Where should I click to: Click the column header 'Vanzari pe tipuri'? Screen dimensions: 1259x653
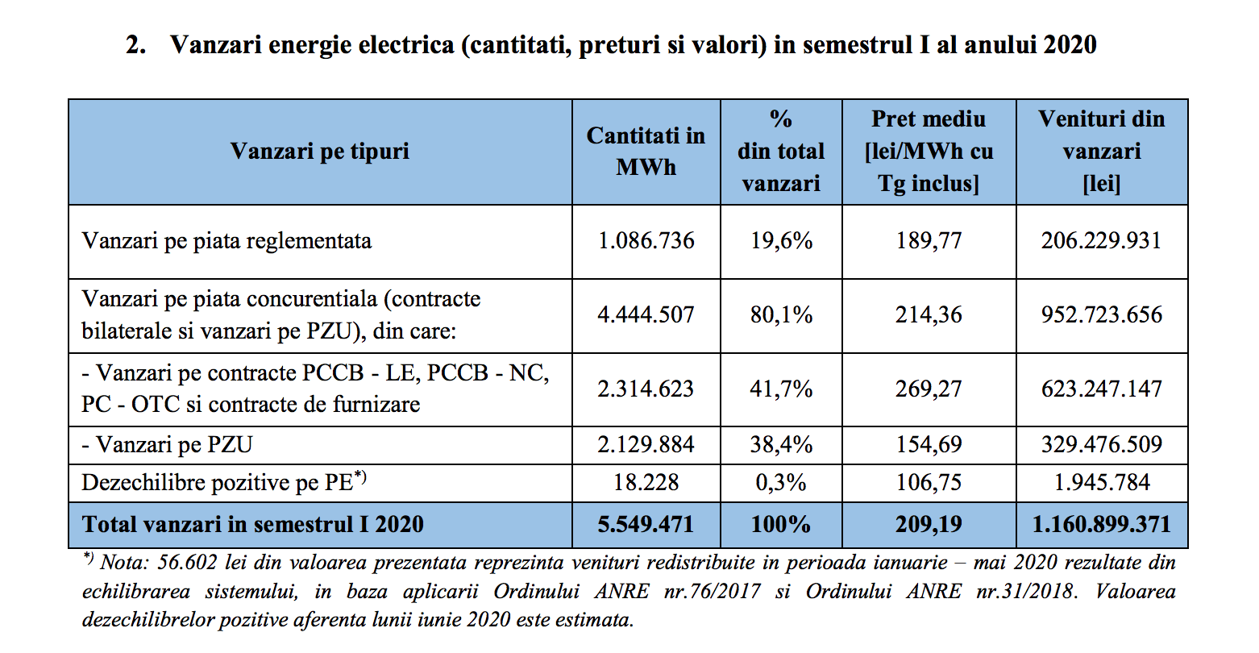tap(320, 152)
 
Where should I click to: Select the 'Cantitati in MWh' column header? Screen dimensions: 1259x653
tap(646, 152)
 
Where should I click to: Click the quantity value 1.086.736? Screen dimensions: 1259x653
tap(646, 240)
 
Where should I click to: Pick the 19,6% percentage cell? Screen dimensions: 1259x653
tap(781, 240)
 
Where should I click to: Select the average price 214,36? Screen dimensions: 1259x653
tap(929, 314)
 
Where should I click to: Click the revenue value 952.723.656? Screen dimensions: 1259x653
tap(1102, 314)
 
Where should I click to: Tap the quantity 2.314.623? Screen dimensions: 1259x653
tap(646, 389)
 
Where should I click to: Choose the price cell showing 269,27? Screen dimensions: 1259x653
tap(929, 389)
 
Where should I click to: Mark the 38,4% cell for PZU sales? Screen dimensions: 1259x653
tap(781, 444)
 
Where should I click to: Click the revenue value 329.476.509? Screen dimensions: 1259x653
tap(1102, 444)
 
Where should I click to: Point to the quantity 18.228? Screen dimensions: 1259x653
tap(646, 482)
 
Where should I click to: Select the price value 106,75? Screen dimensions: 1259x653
tap(929, 482)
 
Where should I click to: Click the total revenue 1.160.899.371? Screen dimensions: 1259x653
tap(1102, 524)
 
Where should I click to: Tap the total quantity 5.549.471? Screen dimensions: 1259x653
tap(646, 524)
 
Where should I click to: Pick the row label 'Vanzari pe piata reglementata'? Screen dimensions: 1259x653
tap(226, 241)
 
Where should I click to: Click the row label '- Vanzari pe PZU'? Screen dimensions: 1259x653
tap(167, 444)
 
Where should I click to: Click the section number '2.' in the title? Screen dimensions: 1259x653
tap(135, 45)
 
